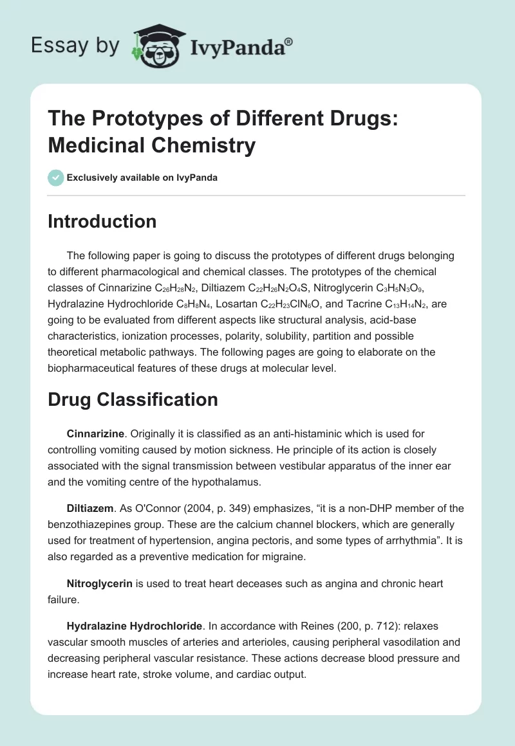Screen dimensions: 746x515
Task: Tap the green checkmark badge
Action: coord(56,177)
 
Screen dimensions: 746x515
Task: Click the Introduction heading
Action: coord(102,221)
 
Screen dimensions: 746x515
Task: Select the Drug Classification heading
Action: coord(133,399)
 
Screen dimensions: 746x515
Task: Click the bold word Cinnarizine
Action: coord(95,434)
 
